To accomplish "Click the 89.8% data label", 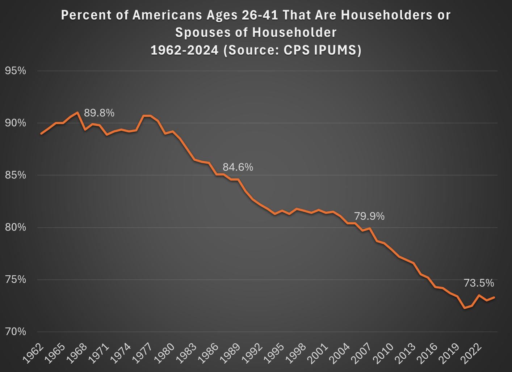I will click(99, 113).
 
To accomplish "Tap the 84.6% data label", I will click(238, 167).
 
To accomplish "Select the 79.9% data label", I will click(369, 216).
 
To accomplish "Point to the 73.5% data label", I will click(479, 283).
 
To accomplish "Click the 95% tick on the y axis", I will click(16, 71).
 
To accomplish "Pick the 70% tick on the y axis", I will click(16, 332).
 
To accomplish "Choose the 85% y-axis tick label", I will click(16, 176).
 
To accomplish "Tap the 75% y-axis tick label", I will click(16, 280).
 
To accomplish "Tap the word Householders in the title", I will click(386, 15).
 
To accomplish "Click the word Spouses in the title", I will click(198, 33).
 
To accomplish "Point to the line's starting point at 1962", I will click(41, 134).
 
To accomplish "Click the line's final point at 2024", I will click(494, 297).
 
